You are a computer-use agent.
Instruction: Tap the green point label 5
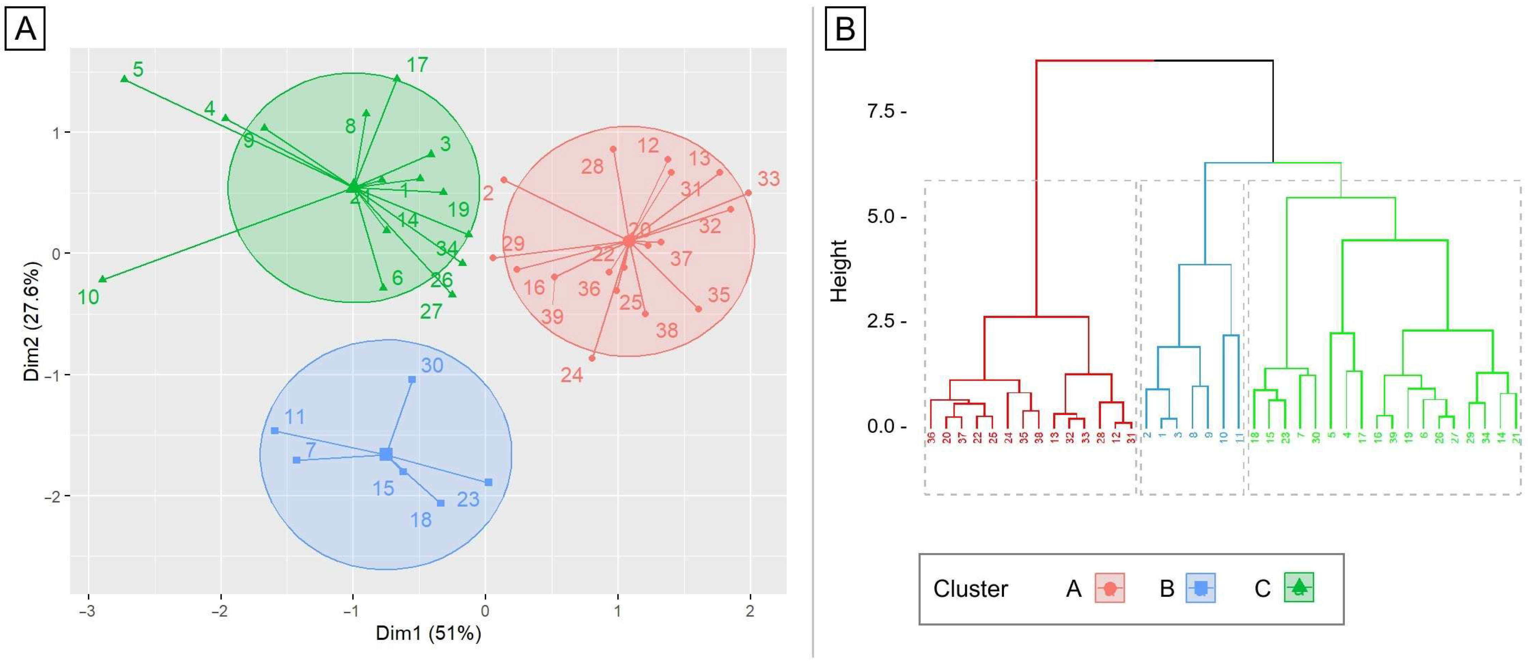(138, 69)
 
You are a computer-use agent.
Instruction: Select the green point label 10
(88, 297)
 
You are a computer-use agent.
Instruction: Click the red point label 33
(768, 179)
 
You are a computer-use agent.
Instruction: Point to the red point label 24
(572, 375)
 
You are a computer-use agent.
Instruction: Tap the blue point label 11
(295, 417)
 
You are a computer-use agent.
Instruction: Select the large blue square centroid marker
(386, 454)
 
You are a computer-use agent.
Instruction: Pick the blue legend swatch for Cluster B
(1201, 588)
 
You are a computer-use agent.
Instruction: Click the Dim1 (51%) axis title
(428, 634)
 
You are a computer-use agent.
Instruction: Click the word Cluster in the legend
(970, 589)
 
